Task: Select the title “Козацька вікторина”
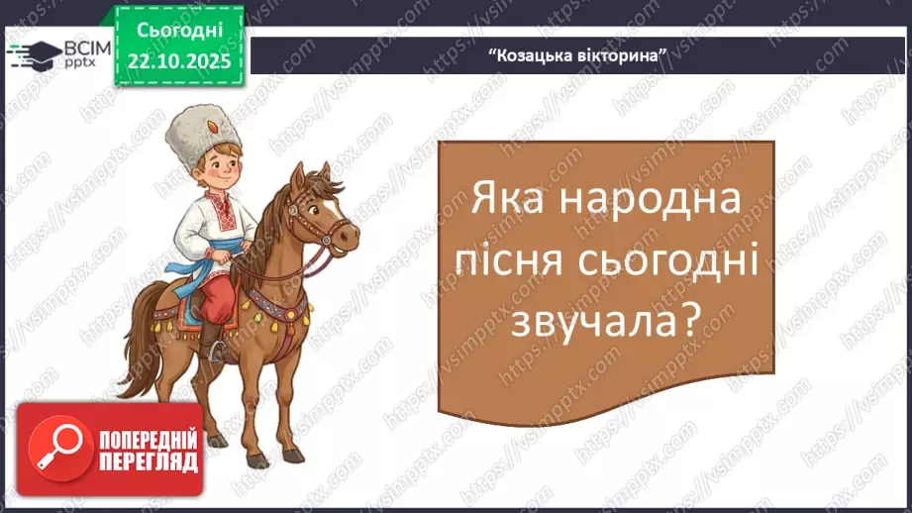574,54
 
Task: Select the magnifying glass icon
55,448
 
